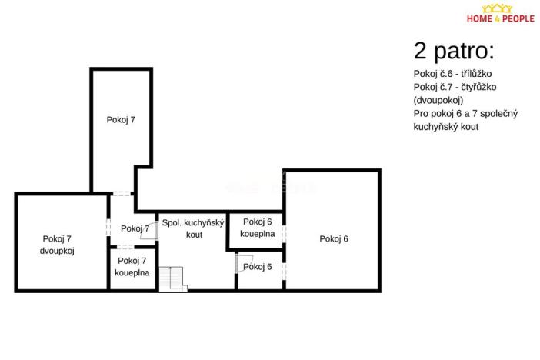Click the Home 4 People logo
coord(502,15)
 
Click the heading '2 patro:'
coord(453,52)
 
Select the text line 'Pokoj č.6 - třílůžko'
coord(452,73)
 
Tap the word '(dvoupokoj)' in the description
coord(438,100)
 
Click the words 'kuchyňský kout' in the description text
coord(445,127)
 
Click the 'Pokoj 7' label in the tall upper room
coord(121,119)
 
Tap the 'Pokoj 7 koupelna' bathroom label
coord(132,266)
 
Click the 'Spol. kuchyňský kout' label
coord(193,228)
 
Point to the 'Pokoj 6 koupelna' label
coord(257,228)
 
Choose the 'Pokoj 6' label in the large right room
coord(334,238)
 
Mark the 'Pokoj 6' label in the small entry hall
coord(258,267)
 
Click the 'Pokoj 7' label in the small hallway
coord(135,228)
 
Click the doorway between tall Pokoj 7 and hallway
coord(122,193)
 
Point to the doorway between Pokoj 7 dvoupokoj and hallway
coord(108,228)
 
